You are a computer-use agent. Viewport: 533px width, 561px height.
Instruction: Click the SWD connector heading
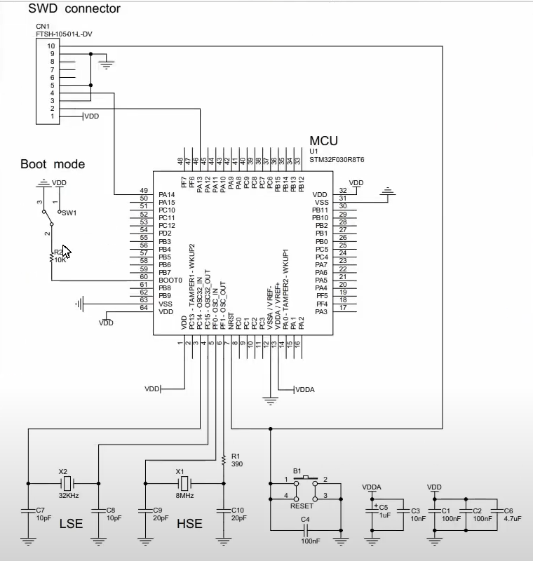pos(74,9)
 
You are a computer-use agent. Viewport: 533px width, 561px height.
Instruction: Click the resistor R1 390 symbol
pos(224,460)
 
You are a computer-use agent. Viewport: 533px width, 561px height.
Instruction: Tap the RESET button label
pos(302,506)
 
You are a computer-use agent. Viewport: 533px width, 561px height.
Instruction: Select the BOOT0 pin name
pos(170,280)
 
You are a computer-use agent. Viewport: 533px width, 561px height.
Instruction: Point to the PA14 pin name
pos(166,194)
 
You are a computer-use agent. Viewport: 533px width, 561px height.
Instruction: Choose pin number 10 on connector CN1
pos(50,46)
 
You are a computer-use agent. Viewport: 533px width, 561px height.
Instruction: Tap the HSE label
pos(190,524)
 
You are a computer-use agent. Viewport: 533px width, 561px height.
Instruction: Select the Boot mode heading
pos(53,165)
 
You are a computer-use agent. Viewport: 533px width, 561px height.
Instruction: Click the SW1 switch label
pos(68,212)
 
